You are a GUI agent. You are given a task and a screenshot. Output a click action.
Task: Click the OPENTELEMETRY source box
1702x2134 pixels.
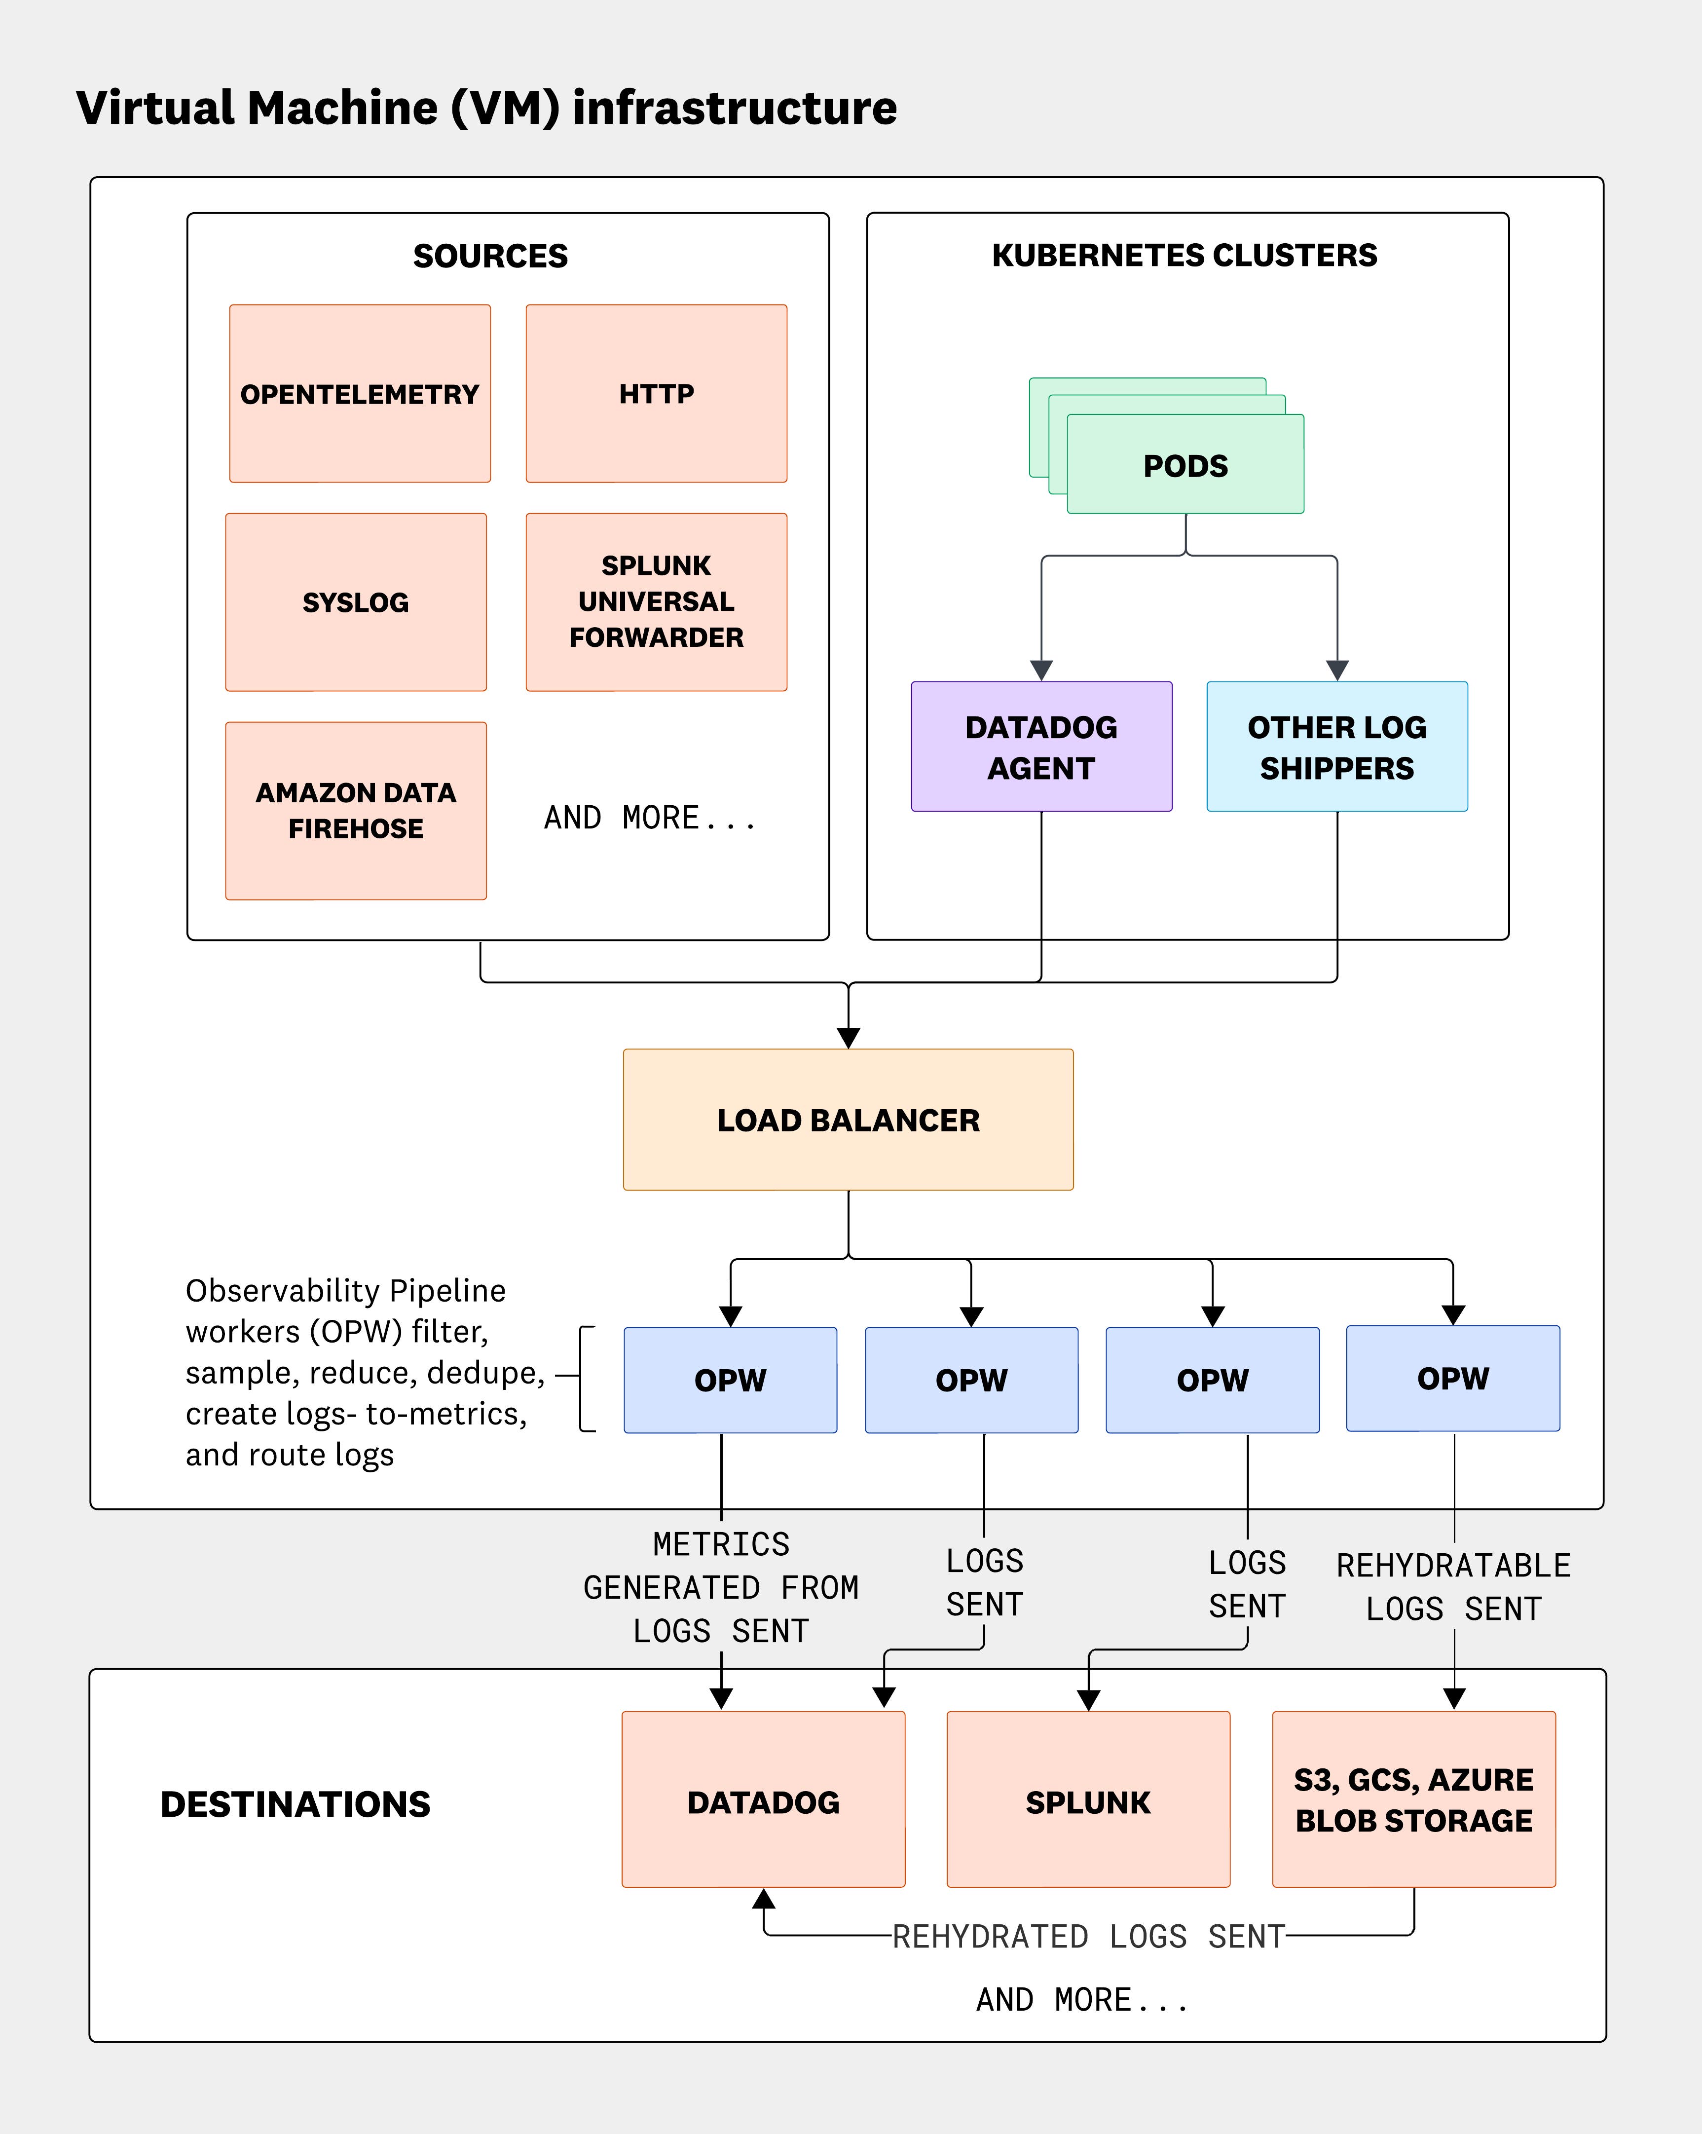(359, 394)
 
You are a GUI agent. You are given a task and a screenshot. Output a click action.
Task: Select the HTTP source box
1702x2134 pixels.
(656, 394)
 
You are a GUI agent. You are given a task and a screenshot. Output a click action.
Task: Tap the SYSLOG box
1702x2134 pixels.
(355, 602)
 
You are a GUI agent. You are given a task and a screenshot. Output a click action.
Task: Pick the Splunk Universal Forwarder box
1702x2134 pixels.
(656, 602)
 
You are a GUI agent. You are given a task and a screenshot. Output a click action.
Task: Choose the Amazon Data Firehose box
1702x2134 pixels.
(355, 811)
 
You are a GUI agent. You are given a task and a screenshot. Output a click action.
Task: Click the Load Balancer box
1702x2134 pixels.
(848, 1120)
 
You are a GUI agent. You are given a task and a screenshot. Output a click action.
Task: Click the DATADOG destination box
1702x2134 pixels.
(763, 1801)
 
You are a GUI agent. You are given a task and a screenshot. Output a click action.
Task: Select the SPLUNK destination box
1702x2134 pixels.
(1087, 1801)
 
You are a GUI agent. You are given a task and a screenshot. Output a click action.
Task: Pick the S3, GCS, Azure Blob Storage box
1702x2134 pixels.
(1413, 1799)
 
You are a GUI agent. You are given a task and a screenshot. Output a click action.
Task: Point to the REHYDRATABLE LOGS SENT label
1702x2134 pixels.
(1453, 1587)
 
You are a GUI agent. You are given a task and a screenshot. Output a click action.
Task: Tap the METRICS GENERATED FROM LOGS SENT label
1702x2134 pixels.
(721, 1587)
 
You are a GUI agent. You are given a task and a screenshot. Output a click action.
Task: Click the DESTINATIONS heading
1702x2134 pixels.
(295, 1803)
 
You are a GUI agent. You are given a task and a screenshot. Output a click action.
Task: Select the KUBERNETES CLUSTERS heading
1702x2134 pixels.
(1184, 256)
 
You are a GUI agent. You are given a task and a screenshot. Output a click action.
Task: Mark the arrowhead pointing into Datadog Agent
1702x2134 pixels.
(1041, 670)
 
